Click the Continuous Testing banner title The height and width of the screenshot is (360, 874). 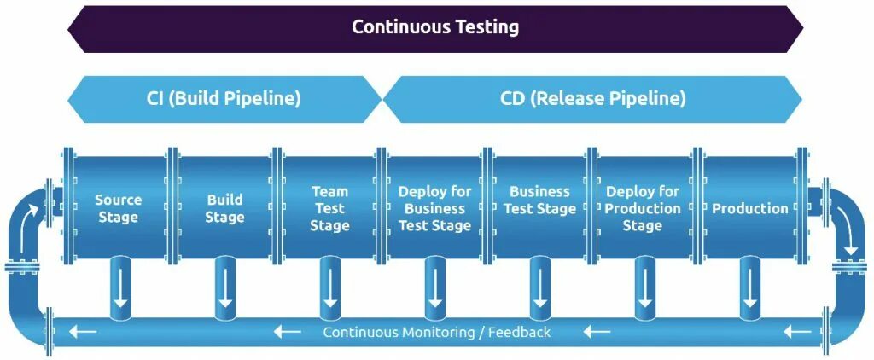pyautogui.click(x=435, y=26)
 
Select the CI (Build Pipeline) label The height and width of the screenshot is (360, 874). pyautogui.click(x=224, y=98)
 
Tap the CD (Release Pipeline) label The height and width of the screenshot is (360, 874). pyautogui.click(x=592, y=98)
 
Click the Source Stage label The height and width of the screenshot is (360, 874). pyautogui.click(x=118, y=208)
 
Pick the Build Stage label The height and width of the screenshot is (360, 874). pyautogui.click(x=224, y=208)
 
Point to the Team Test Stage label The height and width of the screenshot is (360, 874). pyautogui.click(x=329, y=208)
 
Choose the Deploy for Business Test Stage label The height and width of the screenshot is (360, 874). pyautogui.click(x=434, y=208)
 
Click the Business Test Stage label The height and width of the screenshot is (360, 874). pyautogui.click(x=539, y=200)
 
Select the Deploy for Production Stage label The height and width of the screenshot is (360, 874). pyautogui.click(x=643, y=208)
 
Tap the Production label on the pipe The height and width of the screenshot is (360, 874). pyautogui.click(x=750, y=208)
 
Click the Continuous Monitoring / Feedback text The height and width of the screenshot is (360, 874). pyautogui.click(x=436, y=332)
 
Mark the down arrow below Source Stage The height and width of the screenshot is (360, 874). pyautogui.click(x=120, y=290)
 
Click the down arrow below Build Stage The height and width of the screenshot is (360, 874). pyautogui.click(x=224, y=290)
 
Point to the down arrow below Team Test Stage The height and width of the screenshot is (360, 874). pyautogui.click(x=330, y=290)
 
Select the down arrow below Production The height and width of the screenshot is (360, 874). pyautogui.click(x=749, y=290)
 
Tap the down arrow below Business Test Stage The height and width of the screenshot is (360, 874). pyautogui.click(x=539, y=290)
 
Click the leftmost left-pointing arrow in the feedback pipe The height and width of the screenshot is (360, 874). pyautogui.click(x=83, y=331)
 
